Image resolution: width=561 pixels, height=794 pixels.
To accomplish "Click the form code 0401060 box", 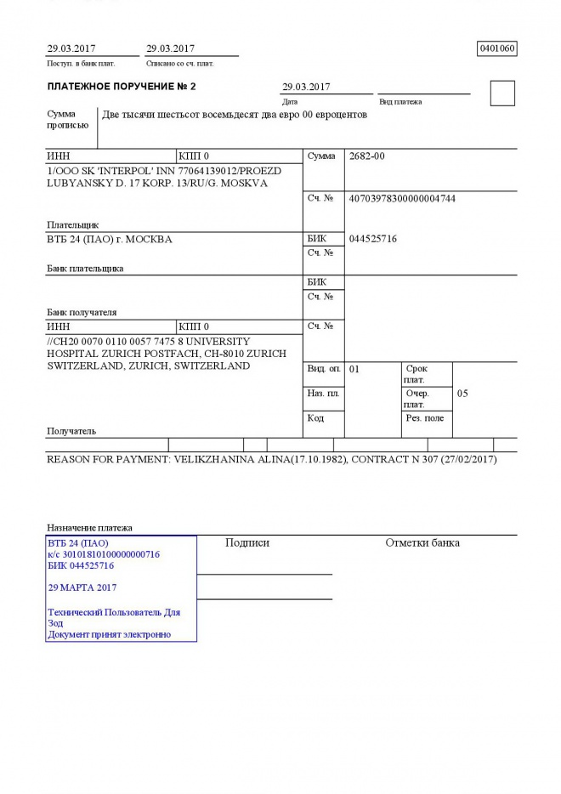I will [x=497, y=48].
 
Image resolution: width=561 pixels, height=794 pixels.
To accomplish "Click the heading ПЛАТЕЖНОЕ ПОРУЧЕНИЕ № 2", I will [x=122, y=87].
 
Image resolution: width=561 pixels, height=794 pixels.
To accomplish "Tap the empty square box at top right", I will [x=502, y=94].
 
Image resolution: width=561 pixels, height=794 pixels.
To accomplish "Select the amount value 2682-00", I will [x=367, y=156].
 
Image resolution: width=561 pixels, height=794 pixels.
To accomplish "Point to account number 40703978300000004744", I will [x=402, y=198].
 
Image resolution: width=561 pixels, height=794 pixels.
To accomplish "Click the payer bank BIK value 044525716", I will [x=373, y=239].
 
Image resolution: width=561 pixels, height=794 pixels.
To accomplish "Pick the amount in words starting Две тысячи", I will [x=234, y=115].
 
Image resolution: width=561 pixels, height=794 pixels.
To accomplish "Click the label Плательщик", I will [x=72, y=224].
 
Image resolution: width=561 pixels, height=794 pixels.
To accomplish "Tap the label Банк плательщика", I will [x=85, y=269].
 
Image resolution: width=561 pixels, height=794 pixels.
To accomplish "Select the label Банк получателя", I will [x=82, y=312].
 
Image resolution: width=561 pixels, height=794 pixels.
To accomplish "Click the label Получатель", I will [x=71, y=431].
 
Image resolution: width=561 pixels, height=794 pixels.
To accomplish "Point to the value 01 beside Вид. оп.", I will [x=354, y=370].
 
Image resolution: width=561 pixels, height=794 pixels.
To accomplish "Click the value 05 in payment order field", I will [x=462, y=394].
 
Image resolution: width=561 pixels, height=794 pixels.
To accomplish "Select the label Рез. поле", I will [x=424, y=418].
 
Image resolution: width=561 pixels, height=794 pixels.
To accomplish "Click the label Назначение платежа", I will [x=89, y=528].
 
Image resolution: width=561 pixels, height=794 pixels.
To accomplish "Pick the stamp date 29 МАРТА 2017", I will [x=82, y=587].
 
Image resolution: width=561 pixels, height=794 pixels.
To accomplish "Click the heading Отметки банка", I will [x=422, y=542].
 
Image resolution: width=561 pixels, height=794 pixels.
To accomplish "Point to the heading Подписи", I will [x=246, y=542].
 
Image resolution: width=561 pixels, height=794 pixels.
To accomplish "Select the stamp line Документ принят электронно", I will [x=109, y=634].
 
